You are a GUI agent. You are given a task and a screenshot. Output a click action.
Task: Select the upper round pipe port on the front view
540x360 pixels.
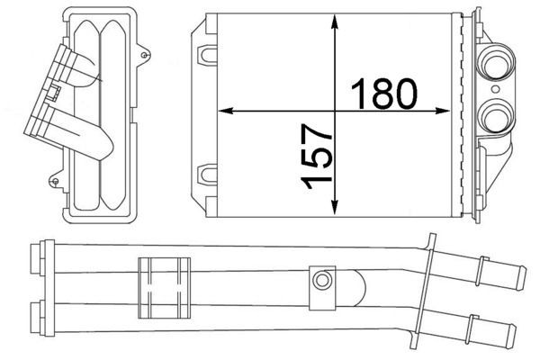coord(496,65)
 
